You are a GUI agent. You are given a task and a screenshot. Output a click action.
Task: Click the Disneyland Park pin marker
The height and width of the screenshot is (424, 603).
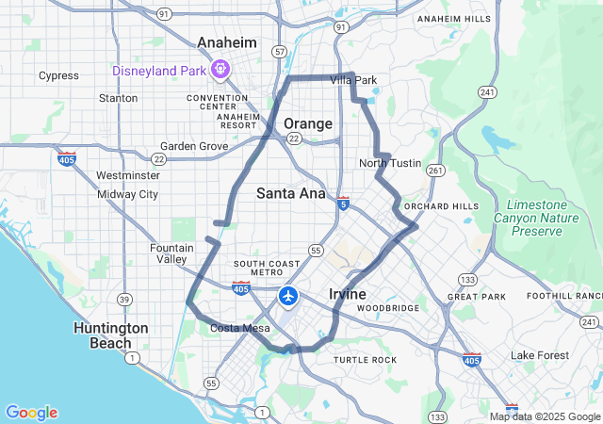(x=220, y=69)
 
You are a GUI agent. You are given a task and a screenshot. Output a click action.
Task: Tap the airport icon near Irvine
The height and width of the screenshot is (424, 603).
(x=287, y=297)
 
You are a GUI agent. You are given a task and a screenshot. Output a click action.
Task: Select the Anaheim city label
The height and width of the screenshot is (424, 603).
(x=226, y=42)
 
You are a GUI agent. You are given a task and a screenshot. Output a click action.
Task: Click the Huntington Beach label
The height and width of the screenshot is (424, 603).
(x=111, y=335)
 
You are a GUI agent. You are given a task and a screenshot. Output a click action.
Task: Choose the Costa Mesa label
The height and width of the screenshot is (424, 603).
(x=239, y=328)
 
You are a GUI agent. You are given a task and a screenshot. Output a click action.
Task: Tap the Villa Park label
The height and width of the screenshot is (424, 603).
(x=353, y=80)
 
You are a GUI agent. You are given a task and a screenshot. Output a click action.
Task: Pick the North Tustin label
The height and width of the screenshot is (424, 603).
(x=390, y=163)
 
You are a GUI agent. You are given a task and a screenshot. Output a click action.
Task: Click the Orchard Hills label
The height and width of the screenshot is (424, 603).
(x=441, y=206)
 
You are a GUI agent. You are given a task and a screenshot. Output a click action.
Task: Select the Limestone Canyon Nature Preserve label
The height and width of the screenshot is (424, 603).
(x=536, y=218)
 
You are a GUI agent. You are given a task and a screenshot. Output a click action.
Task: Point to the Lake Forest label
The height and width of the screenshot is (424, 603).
(x=540, y=355)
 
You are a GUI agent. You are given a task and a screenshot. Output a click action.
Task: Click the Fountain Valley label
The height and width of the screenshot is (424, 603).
(x=171, y=253)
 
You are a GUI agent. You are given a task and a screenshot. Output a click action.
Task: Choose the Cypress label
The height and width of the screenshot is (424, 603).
(x=58, y=75)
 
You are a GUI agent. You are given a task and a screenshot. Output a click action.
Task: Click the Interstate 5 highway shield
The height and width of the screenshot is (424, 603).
(x=343, y=203)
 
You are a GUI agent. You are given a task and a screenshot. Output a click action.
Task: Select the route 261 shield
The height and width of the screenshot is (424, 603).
(x=434, y=170)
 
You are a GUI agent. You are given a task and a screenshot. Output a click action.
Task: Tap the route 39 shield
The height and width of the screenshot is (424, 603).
(x=123, y=299)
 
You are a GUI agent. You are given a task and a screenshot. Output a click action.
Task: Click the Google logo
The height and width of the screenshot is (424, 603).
(x=31, y=413)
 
